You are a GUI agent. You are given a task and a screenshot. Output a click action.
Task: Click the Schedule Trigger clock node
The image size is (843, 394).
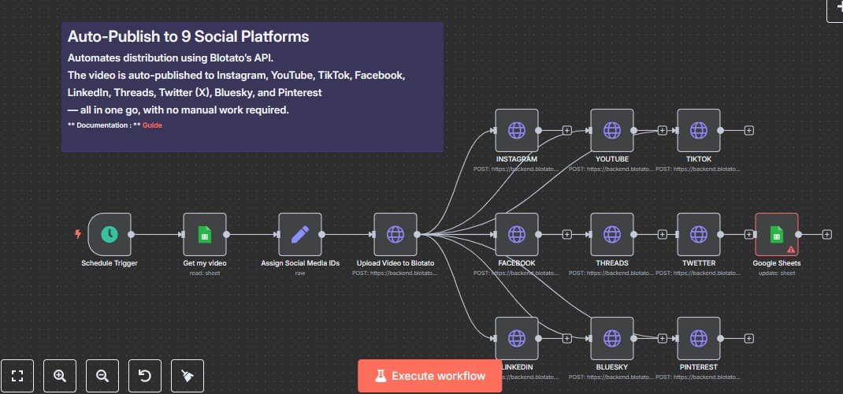coord(110,234)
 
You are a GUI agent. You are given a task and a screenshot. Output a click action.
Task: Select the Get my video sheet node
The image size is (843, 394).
coord(205,234)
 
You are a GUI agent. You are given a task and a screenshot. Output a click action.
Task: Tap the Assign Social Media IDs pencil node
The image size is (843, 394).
coord(300,234)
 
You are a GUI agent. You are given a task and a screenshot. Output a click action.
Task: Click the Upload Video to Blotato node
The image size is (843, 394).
coord(396,234)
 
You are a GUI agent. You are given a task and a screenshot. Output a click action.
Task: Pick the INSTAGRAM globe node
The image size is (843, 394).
coord(517,130)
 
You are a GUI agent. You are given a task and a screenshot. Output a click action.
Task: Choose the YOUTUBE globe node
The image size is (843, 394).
coord(612,130)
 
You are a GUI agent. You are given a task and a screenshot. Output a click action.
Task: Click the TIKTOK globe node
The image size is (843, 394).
coord(698,130)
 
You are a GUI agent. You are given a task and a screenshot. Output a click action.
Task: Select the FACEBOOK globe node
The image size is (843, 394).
coord(517,234)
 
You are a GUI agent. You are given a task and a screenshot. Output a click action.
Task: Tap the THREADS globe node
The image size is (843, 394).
coord(612,234)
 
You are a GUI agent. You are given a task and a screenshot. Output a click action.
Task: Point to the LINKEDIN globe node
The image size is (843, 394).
coord(517,338)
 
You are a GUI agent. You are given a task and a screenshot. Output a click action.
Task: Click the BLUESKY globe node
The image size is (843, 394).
coord(612,338)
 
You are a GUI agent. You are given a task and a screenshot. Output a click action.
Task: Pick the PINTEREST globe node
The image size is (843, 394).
coord(698,338)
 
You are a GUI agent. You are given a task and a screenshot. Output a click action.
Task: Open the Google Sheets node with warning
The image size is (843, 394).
coord(776,234)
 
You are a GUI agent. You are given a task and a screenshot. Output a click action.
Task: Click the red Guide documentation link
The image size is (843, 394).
coord(152,125)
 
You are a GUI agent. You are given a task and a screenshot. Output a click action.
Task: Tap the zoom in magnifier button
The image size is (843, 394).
coord(59,376)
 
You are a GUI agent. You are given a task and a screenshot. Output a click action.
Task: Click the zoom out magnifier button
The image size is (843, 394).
coord(102,376)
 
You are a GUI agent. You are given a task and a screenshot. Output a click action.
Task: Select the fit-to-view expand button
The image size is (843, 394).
coord(17,376)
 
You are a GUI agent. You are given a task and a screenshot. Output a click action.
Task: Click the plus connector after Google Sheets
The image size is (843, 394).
coord(826,234)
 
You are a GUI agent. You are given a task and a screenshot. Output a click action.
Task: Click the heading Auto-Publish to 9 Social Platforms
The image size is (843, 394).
coord(188,36)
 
